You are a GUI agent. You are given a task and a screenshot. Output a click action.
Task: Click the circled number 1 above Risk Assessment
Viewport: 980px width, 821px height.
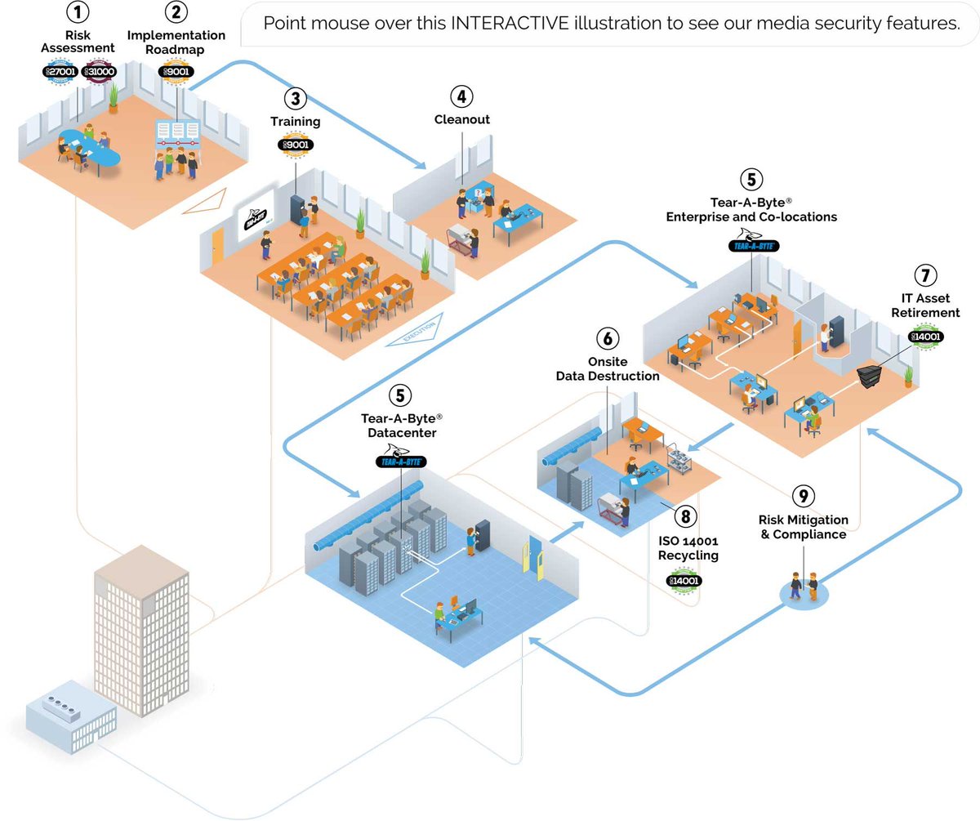tap(77, 13)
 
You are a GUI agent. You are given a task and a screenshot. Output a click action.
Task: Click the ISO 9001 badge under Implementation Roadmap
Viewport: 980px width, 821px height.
tap(176, 71)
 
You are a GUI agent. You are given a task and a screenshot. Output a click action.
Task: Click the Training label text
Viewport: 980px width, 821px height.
tap(295, 122)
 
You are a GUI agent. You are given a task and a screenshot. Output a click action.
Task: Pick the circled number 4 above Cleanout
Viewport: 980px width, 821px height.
tap(461, 96)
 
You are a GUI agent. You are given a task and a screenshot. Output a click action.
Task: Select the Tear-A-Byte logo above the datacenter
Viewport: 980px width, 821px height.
tap(399, 461)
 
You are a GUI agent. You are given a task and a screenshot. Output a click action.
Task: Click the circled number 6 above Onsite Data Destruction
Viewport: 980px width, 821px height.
tap(607, 337)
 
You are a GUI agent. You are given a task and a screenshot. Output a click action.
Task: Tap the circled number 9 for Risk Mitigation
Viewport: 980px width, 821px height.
tap(803, 495)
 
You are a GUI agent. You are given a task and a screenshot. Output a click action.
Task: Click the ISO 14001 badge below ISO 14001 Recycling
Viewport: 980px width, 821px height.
tap(684, 581)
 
